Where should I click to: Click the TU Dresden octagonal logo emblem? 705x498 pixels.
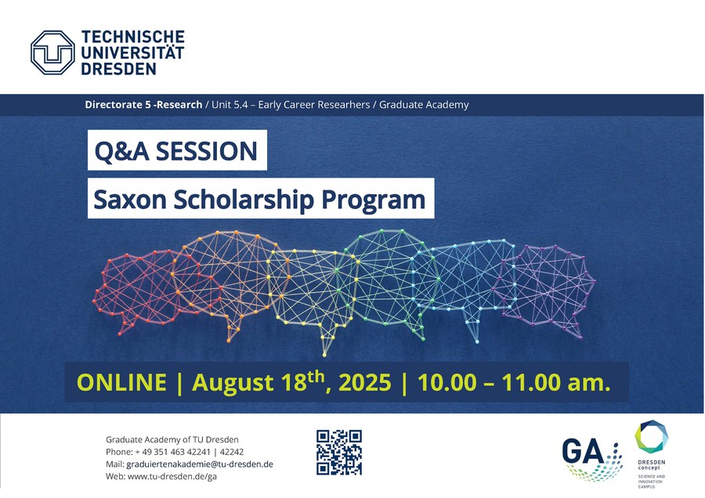[52, 52]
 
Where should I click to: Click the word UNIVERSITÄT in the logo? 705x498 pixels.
[132, 52]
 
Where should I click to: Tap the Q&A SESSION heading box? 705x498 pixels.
[177, 150]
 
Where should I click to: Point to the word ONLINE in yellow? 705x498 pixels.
[122, 382]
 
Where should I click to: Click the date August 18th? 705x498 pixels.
[258, 382]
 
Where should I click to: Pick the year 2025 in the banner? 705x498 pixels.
[364, 382]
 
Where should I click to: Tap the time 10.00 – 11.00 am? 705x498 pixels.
[514, 382]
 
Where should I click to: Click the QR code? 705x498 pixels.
[339, 452]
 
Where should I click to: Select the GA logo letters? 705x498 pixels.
[583, 451]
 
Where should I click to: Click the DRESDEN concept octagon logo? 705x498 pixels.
[652, 436]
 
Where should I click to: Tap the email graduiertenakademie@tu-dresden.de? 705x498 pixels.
[200, 464]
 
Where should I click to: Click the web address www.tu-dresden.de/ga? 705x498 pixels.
[172, 476]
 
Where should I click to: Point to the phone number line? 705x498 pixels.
[175, 452]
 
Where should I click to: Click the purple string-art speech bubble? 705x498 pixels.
[546, 287]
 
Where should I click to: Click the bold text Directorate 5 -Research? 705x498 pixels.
[143, 105]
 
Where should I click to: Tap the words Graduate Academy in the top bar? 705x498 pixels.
[424, 105]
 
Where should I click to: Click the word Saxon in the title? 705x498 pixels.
[130, 200]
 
